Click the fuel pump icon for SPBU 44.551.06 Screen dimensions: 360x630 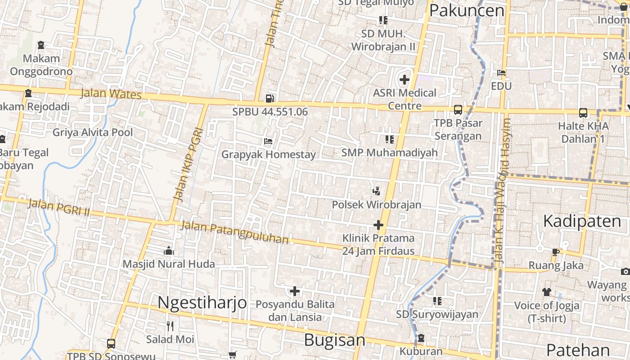pyautogui.click(x=270, y=98)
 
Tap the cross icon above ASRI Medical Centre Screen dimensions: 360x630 pyautogui.click(x=404, y=80)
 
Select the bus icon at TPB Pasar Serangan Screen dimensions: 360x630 pyautogui.click(x=458, y=109)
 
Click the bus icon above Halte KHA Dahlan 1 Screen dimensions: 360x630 pyautogui.click(x=583, y=112)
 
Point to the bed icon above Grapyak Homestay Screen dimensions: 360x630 pyautogui.click(x=268, y=141)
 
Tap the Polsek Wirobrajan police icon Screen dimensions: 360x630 pyautogui.click(x=376, y=191)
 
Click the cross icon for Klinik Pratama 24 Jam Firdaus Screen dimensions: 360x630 pyautogui.click(x=378, y=225)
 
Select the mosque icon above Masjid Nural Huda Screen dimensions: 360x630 pyautogui.click(x=169, y=251)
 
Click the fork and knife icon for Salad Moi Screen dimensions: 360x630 pyautogui.click(x=170, y=326)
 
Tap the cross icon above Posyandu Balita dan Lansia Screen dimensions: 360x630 pyautogui.click(x=295, y=291)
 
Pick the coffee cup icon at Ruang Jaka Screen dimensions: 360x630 pyautogui.click(x=555, y=252)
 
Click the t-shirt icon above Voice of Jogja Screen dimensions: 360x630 pyautogui.click(x=546, y=292)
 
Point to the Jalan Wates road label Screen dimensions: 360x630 pyautogui.click(x=111, y=94)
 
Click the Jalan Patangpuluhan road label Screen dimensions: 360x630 pyautogui.click(x=234, y=232)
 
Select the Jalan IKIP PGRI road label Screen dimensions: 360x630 pyautogui.click(x=189, y=165)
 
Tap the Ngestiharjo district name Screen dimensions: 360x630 pyautogui.click(x=202, y=302)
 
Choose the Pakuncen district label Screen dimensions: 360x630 pyautogui.click(x=467, y=10)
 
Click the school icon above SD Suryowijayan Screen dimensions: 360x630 pyautogui.click(x=437, y=301)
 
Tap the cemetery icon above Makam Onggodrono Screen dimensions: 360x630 pyautogui.click(x=41, y=45)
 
